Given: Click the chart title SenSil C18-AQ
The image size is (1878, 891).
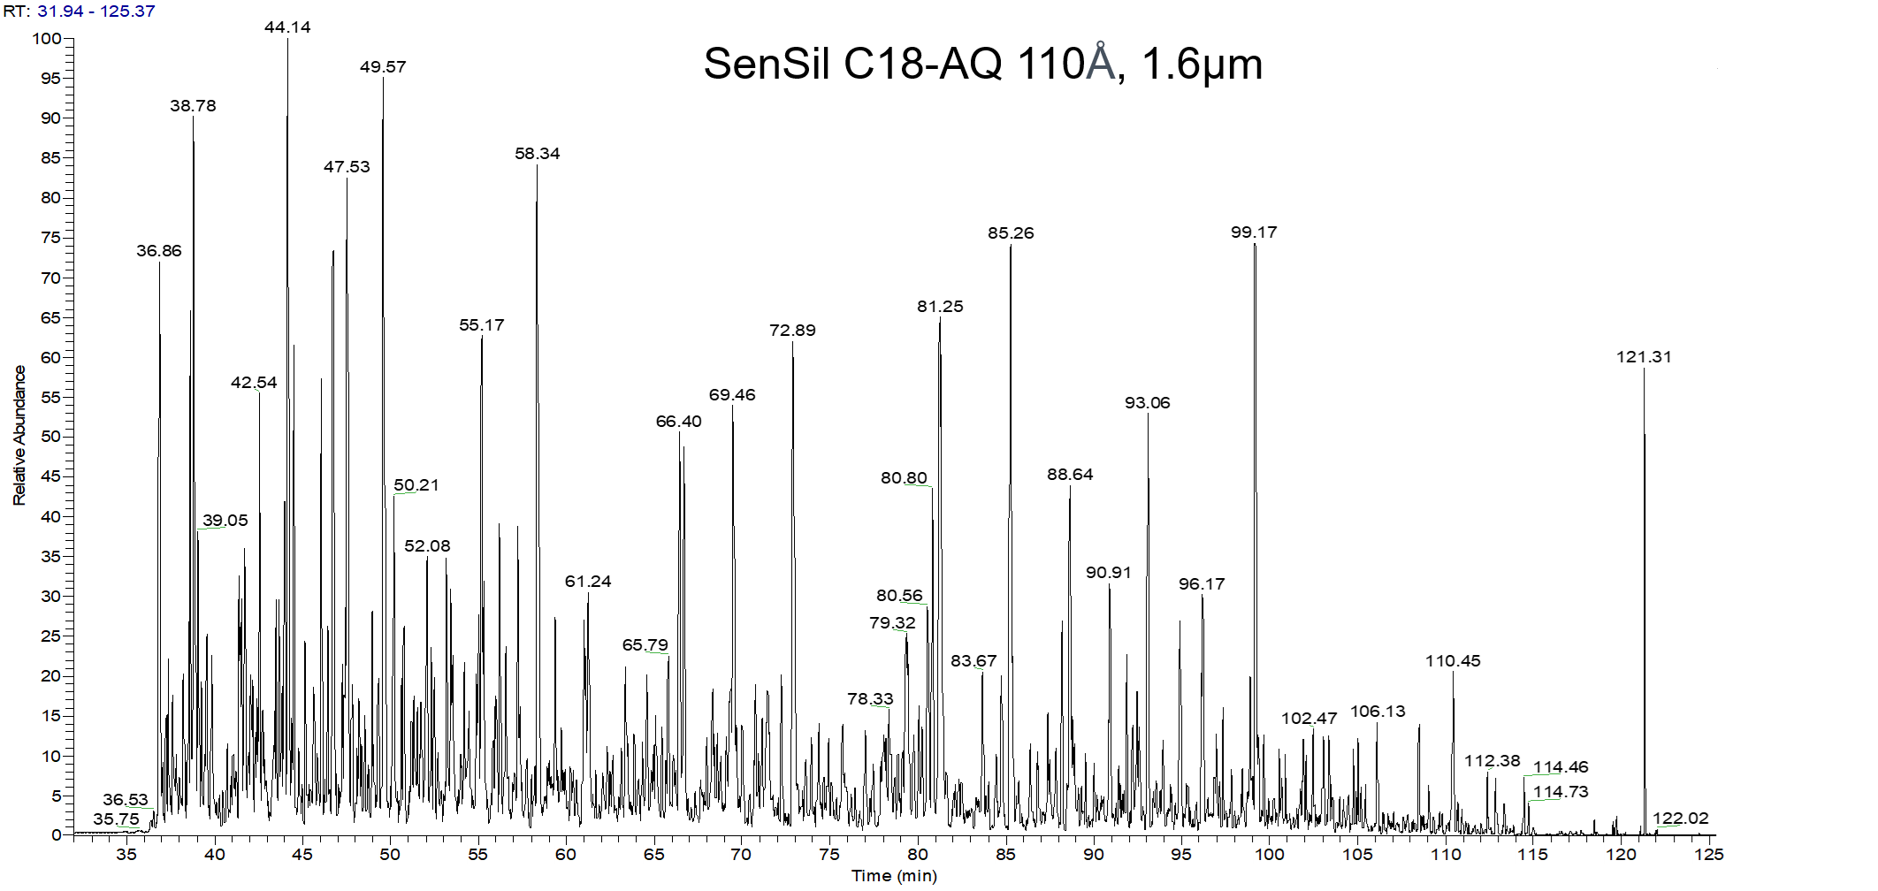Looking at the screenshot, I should [x=982, y=64].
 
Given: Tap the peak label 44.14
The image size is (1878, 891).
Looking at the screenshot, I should [x=287, y=27].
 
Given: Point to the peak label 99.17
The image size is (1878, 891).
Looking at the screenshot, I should [x=1254, y=232].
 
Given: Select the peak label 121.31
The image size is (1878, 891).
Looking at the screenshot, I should [x=1644, y=357].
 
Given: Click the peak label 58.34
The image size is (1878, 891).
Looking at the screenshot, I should [x=538, y=154].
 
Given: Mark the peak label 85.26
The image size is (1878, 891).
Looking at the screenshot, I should [x=1011, y=233].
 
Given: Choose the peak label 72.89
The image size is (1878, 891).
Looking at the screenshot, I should [x=792, y=331].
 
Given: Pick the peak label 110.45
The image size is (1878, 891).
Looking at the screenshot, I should [x=1453, y=661].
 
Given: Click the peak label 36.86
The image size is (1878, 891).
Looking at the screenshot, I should [x=159, y=251].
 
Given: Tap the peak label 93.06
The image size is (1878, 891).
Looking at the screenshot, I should [x=1148, y=403].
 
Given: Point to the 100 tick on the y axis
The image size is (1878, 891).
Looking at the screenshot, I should [x=47, y=39].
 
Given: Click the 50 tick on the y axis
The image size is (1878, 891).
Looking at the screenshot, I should [x=50, y=437].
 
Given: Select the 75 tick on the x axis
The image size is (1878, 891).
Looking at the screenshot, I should [x=828, y=855].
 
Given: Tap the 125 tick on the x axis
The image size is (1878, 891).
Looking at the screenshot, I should [x=1708, y=855].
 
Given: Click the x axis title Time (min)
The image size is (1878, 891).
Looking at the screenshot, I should [x=894, y=876].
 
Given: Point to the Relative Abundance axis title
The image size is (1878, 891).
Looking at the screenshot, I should [x=19, y=435].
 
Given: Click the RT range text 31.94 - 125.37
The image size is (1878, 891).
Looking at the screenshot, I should [x=95, y=11].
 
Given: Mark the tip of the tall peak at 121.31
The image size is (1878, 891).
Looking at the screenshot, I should [x=1645, y=369].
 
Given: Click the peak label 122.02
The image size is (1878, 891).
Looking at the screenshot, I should [x=1681, y=819].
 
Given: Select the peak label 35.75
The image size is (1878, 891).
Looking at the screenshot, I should [x=117, y=819].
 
